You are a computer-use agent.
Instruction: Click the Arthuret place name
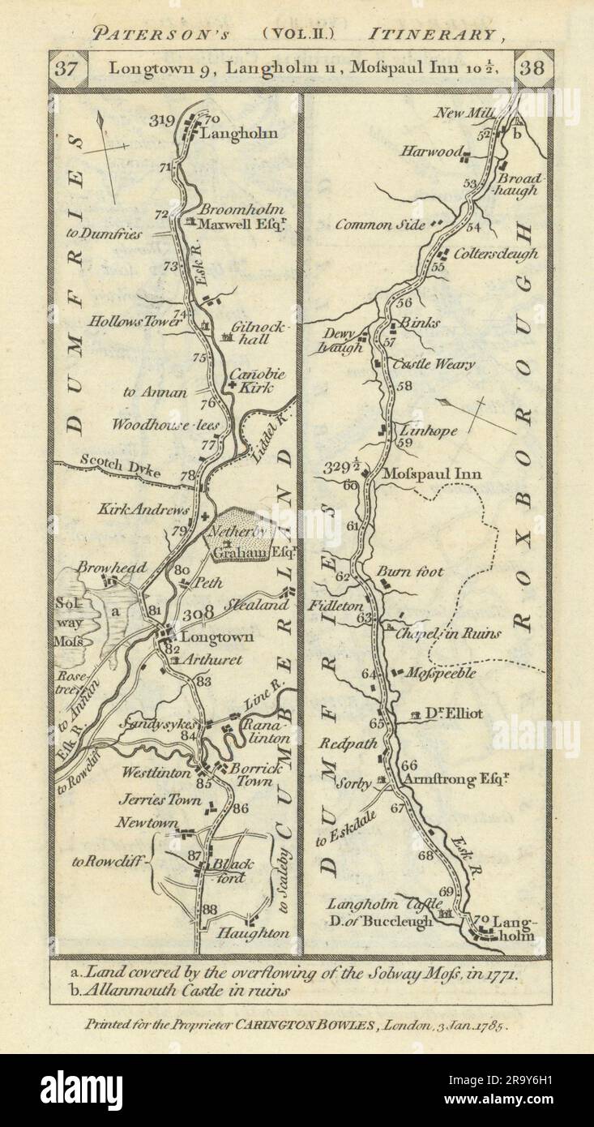214,660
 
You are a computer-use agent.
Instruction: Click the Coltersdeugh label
497,254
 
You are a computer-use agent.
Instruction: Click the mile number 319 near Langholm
163,121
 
